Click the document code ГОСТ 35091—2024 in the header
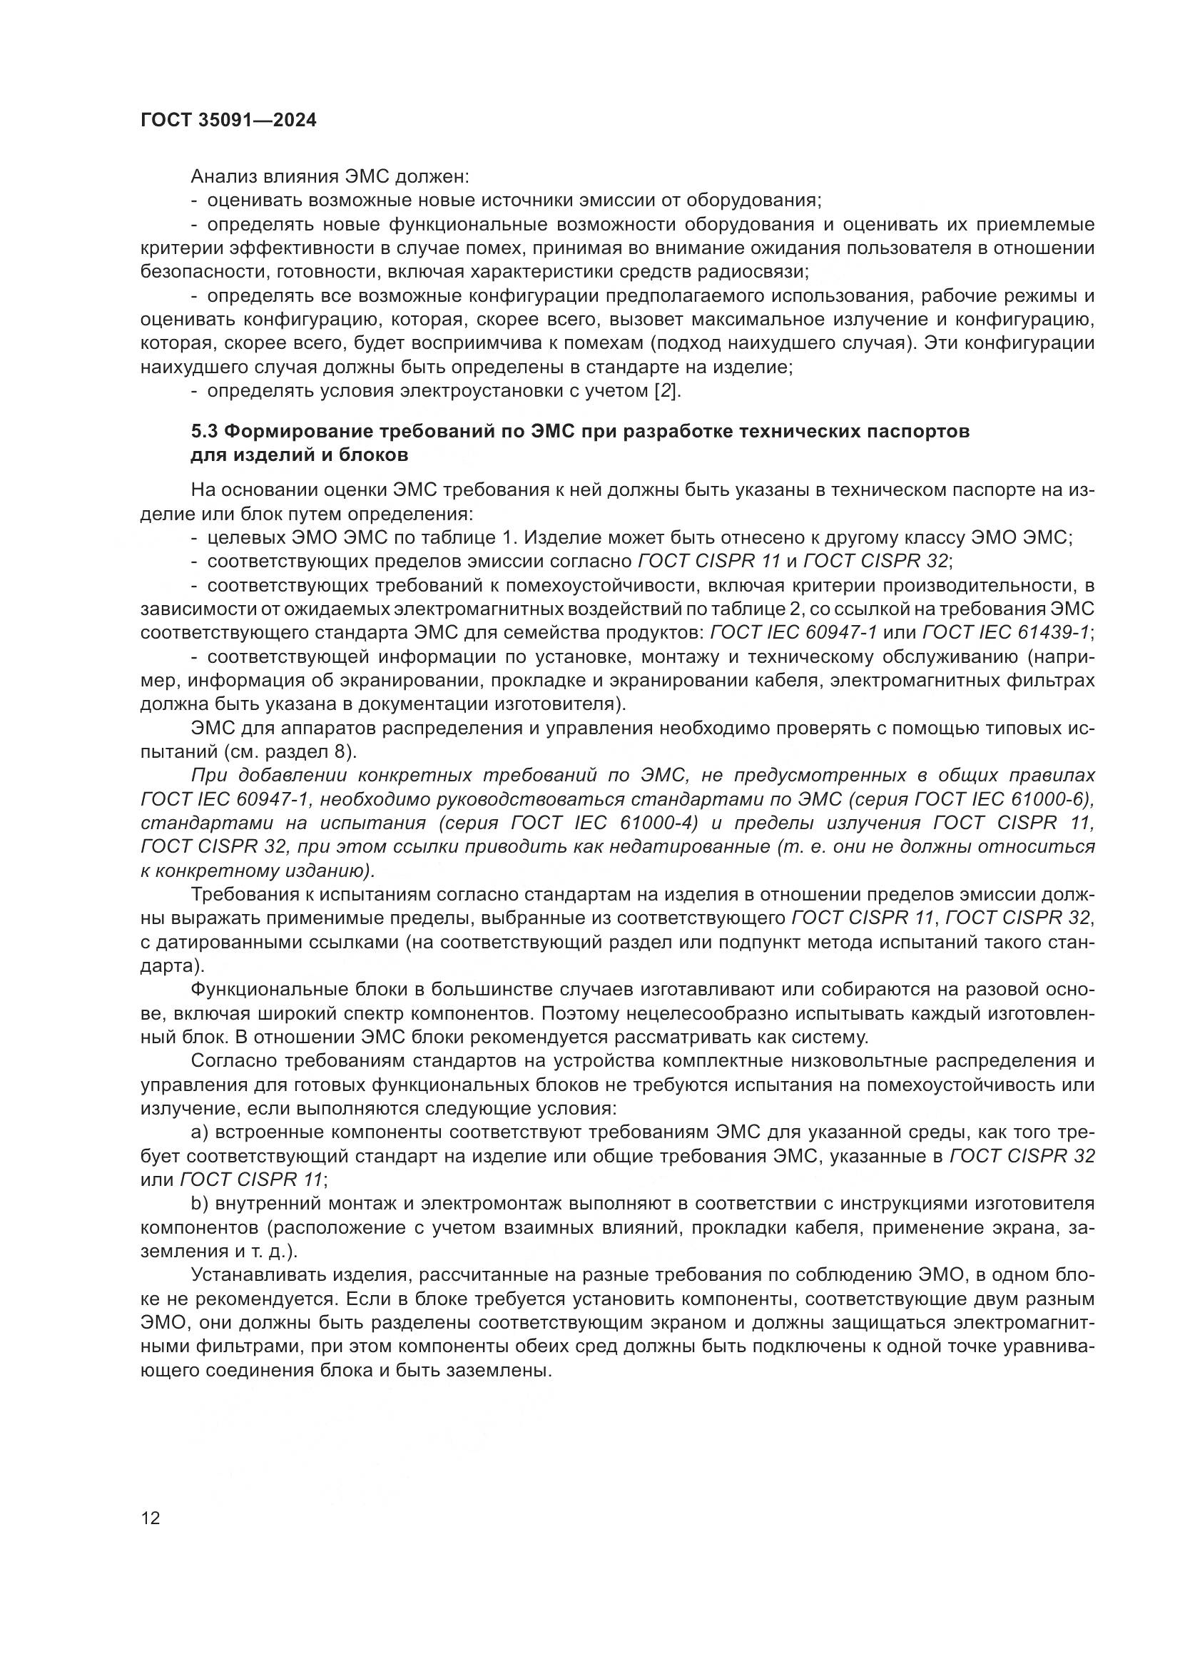click(228, 121)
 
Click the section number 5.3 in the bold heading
click(204, 432)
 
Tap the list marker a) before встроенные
click(200, 1132)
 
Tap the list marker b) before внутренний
click(200, 1204)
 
